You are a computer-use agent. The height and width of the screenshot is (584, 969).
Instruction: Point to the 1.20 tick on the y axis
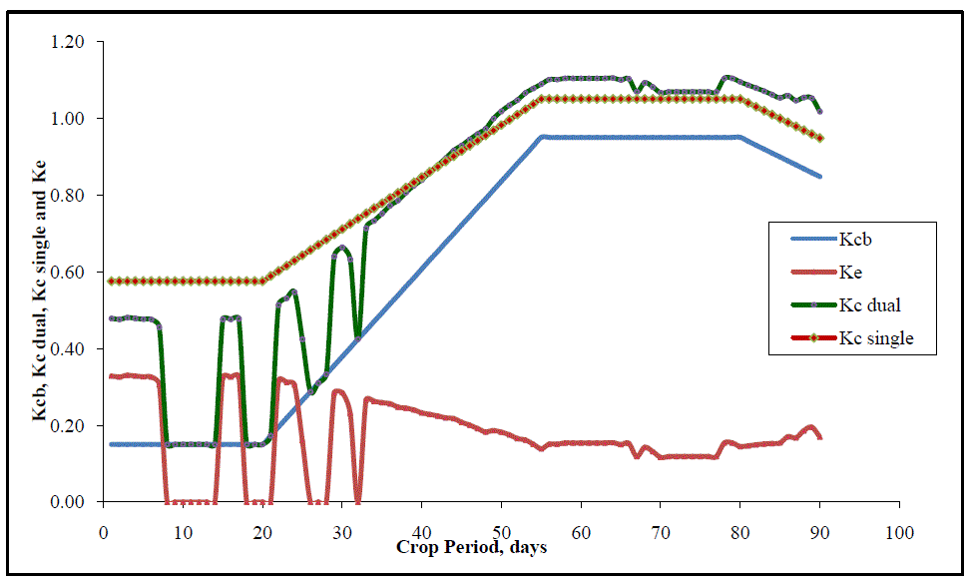point(70,42)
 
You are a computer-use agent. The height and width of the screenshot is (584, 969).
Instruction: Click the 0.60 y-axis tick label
point(70,273)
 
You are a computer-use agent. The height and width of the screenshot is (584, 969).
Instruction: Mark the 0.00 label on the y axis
point(70,502)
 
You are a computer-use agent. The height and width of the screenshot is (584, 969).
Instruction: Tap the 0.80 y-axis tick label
point(70,196)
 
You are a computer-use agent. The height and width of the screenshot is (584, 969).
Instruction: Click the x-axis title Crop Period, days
point(471,547)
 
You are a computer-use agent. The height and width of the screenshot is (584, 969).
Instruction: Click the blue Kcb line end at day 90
point(819,176)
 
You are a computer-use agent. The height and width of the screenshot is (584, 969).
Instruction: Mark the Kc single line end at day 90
point(819,138)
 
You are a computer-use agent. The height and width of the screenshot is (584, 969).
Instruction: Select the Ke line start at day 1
point(111,376)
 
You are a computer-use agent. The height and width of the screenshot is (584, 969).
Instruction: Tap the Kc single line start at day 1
point(111,282)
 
